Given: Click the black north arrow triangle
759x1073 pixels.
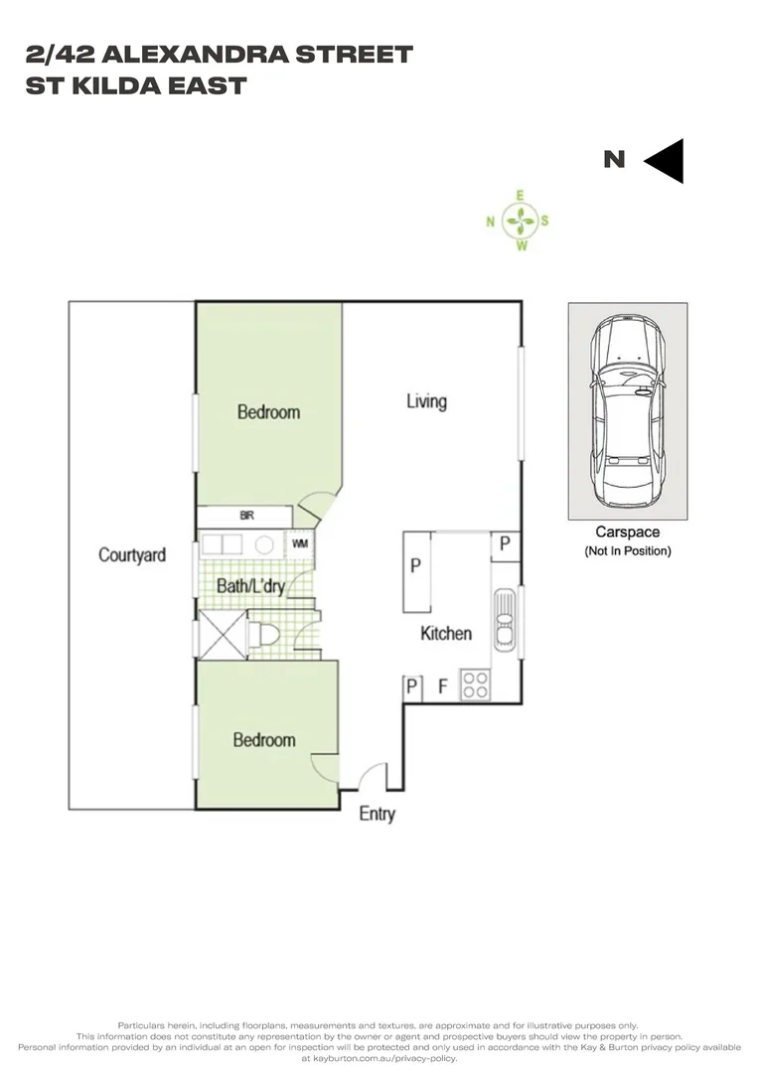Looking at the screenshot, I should [665, 160].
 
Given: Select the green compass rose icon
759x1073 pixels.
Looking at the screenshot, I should [519, 221].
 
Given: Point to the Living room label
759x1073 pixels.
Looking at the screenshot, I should [426, 401].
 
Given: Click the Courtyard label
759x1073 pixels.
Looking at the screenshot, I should [131, 554].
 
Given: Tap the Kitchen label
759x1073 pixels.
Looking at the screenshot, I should [445, 633].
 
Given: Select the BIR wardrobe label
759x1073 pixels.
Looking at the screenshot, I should [247, 517].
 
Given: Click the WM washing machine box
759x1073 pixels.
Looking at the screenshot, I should [299, 544].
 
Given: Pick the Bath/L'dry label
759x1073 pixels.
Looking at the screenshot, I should [250, 586].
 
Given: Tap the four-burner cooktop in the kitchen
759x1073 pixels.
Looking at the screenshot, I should [475, 686].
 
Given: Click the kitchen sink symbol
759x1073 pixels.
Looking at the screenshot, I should [504, 620].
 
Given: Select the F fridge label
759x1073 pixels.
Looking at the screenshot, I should [442, 686].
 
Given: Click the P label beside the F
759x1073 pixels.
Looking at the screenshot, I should [410, 686].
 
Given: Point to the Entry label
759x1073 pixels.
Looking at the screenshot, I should [377, 814].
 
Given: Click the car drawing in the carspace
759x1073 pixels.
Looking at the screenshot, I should [627, 409].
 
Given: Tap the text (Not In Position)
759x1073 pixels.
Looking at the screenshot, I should [627, 550].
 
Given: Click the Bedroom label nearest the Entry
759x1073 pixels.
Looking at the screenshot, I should [263, 739].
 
